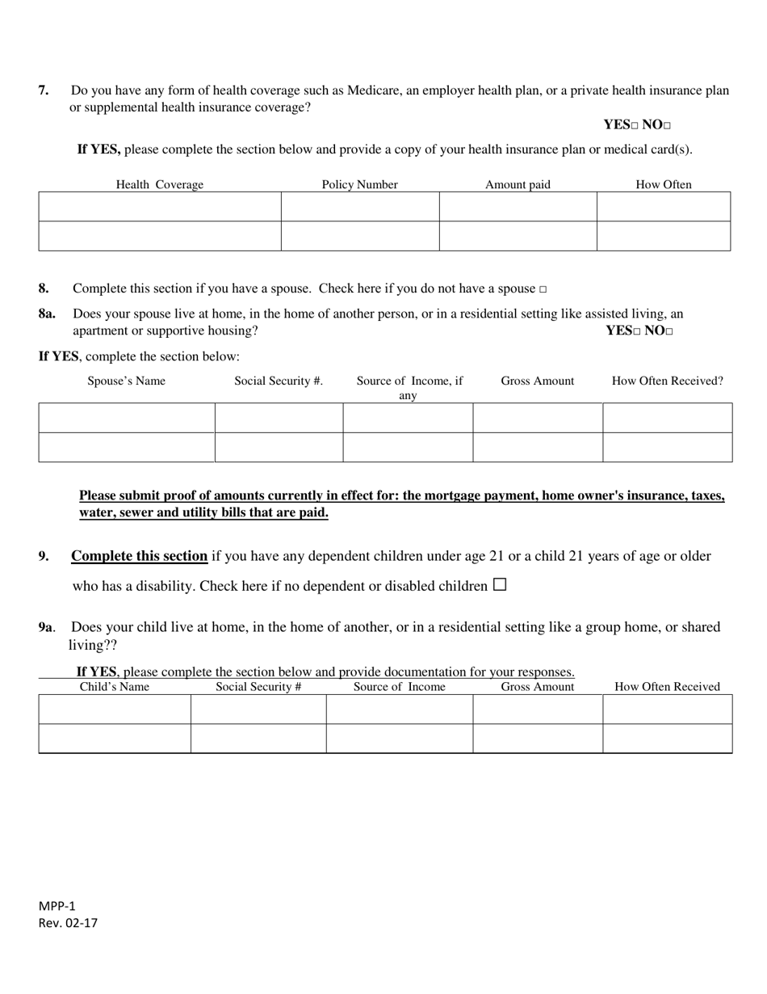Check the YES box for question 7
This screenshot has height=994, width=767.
(635, 126)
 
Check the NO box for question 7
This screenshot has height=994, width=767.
(667, 126)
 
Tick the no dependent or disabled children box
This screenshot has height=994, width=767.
(499, 585)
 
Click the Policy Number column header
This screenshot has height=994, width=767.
(359, 184)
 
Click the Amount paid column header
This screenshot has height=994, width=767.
(518, 184)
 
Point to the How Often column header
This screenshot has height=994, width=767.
(664, 184)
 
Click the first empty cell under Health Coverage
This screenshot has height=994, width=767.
(160, 206)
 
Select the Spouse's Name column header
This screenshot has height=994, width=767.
(126, 381)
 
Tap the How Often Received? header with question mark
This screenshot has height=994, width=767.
(668, 381)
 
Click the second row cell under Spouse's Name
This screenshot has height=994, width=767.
(127, 447)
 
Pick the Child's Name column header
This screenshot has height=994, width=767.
(114, 687)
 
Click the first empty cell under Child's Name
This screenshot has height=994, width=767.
(115, 709)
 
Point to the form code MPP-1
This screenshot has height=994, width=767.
(57, 906)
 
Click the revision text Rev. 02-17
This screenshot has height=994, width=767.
(68, 923)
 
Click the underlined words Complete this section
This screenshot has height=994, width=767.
(139, 556)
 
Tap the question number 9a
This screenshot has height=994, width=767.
(46, 627)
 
